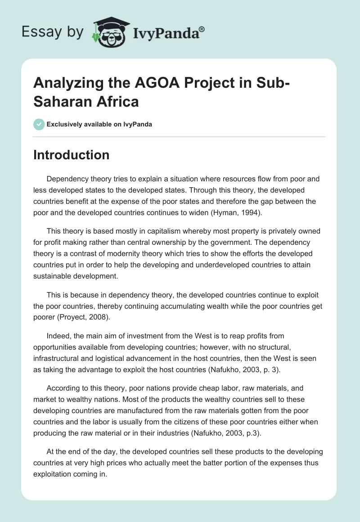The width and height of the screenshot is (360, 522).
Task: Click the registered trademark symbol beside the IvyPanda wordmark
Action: (x=202, y=29)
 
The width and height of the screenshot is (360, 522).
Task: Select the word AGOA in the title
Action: (x=135, y=84)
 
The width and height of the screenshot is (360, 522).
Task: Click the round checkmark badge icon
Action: (x=39, y=124)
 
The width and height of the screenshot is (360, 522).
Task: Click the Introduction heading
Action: (x=72, y=155)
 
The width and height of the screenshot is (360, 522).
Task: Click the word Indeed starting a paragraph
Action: (x=57, y=336)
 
